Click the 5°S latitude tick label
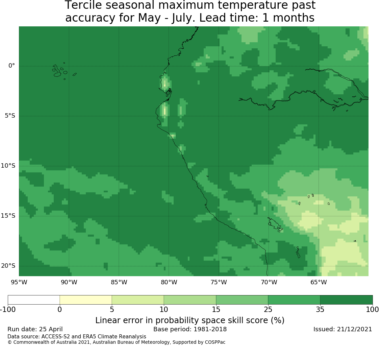click(x=10, y=116)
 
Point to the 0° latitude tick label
click(x=11, y=66)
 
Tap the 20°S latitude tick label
click(x=8, y=266)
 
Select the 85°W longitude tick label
click(x=119, y=282)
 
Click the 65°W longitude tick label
click(x=319, y=282)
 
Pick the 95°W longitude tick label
click(x=19, y=282)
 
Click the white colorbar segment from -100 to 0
click(x=34, y=300)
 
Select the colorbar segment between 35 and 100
click(x=346, y=300)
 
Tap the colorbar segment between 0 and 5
click(x=86, y=300)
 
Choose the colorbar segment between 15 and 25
click(x=242, y=300)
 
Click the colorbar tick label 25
click(x=268, y=310)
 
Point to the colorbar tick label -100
click(x=8, y=310)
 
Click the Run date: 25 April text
click(x=35, y=329)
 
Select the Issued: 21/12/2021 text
click(x=343, y=329)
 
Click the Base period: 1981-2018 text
click(x=190, y=329)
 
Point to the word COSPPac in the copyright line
click(x=215, y=342)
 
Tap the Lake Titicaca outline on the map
click(x=275, y=224)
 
